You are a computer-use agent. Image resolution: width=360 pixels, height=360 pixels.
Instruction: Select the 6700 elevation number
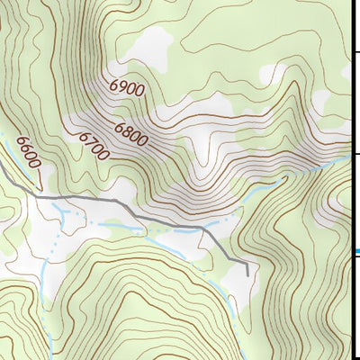pos(93,146)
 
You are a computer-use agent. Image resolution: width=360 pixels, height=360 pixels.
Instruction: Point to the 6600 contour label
pos(28,154)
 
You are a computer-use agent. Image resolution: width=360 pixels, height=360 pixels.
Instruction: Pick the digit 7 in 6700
pos(89,141)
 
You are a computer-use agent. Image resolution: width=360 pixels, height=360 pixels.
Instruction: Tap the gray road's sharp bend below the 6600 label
pos(36,195)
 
